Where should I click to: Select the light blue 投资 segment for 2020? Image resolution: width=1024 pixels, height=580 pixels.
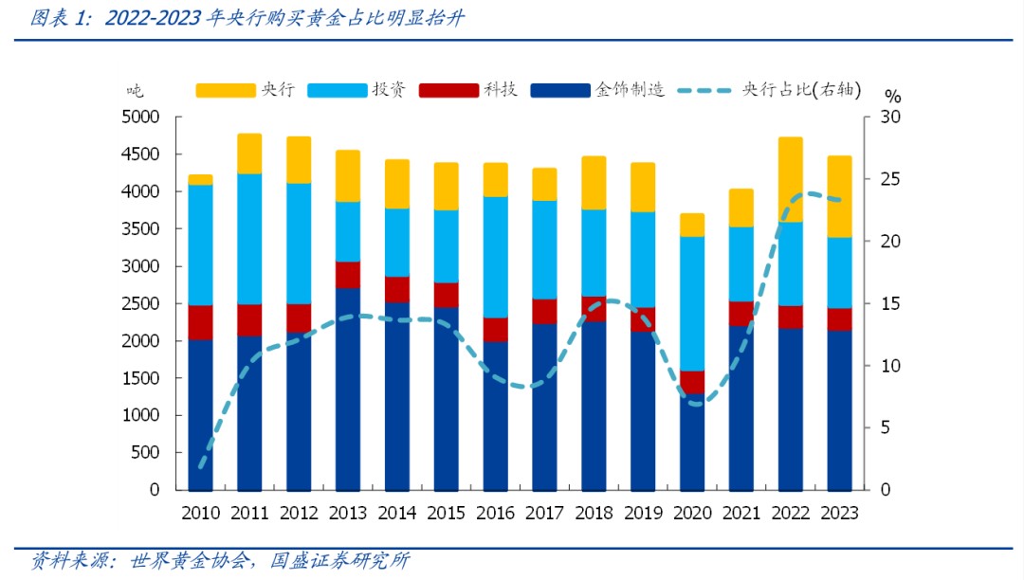coord(692,302)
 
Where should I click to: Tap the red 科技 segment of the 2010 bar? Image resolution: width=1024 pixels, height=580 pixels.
coord(200,322)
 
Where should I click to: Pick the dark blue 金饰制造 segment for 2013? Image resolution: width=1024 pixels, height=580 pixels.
coord(348,389)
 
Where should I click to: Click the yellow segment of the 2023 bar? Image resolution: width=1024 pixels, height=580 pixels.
coord(840,196)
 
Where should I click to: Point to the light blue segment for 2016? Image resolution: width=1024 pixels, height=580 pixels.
coord(496,257)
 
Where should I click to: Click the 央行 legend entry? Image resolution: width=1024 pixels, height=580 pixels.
coord(246,90)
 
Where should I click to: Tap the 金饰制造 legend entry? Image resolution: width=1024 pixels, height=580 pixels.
coord(597,90)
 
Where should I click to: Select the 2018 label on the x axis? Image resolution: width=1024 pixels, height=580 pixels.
coord(594,513)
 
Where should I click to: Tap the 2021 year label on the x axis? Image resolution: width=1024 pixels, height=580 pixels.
coord(741,513)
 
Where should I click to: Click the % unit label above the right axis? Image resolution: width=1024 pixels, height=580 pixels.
coord(892,95)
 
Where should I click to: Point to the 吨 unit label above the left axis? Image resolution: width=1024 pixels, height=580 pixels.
coord(135,91)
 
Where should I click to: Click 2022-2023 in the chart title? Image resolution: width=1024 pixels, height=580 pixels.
coord(152,17)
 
